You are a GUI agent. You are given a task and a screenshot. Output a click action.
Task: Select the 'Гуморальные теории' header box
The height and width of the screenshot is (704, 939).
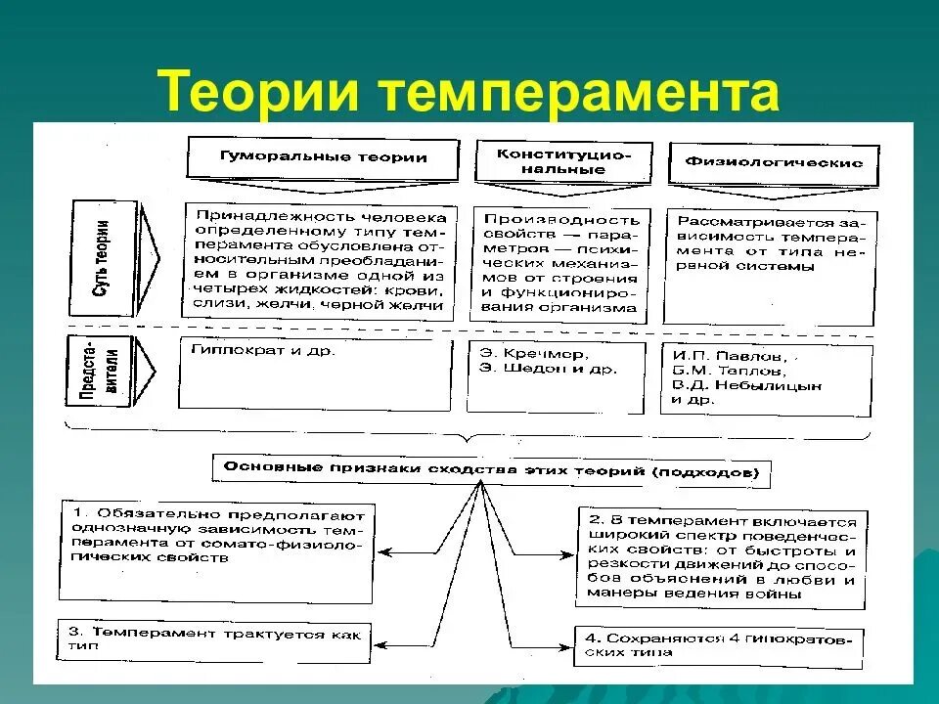coord(323,157)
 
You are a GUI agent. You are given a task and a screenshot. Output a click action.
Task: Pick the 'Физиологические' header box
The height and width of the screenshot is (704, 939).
coord(773,161)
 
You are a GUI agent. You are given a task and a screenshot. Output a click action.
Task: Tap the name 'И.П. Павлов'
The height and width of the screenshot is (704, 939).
coord(730,355)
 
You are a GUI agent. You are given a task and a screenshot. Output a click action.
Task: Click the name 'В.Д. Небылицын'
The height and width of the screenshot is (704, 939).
coord(748,385)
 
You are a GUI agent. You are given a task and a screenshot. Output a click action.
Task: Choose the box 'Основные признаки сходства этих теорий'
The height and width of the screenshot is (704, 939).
coord(490,469)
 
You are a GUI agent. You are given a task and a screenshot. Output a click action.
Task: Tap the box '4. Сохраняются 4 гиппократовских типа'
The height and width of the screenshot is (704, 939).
coord(719,646)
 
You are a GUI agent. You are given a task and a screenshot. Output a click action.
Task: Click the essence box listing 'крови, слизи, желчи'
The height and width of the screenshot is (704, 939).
coord(320,261)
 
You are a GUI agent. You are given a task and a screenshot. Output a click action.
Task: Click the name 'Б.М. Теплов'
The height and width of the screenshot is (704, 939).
coord(729,371)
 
